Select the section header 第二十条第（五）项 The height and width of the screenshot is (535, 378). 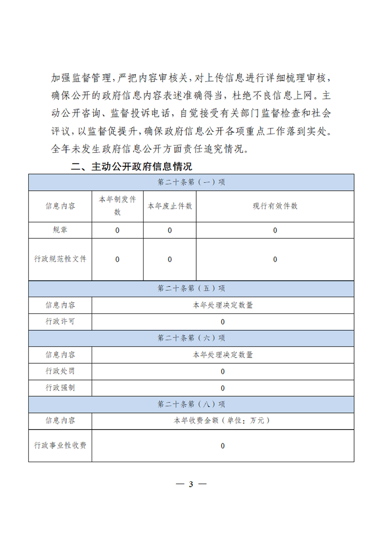click(191, 288)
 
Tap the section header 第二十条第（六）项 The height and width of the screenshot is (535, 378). click(191, 338)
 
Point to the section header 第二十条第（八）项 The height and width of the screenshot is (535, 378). click(191, 404)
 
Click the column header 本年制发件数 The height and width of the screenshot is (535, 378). click(117, 206)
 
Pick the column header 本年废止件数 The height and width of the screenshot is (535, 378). click(169, 206)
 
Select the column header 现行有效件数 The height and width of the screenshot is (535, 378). click(275, 206)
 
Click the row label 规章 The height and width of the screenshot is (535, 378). click(60, 230)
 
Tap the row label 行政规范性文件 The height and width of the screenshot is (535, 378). click(60, 259)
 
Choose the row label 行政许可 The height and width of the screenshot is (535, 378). click(60, 321)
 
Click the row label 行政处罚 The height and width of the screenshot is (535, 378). click(60, 371)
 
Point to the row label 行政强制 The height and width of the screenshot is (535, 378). click(60, 388)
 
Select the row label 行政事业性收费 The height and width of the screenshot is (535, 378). click(60, 445)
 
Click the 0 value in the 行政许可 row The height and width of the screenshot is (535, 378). click(222, 322)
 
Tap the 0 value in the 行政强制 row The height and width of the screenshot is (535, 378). click(222, 388)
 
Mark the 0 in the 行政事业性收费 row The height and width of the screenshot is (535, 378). click(222, 446)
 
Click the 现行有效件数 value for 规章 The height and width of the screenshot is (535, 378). click(275, 231)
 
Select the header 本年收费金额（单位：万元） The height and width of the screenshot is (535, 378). click(222, 421)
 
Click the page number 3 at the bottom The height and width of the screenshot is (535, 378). click(190, 484)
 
